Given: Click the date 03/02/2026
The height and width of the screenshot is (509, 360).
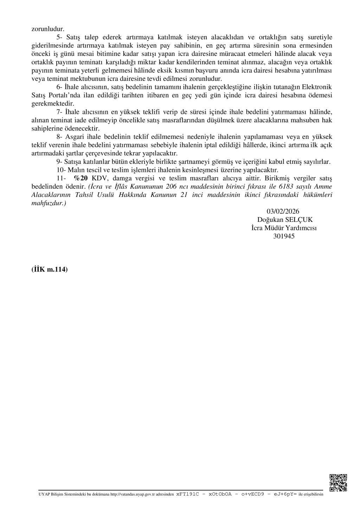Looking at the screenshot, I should point(283,211).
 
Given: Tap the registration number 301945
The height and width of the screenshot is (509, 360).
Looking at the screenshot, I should point(284,237).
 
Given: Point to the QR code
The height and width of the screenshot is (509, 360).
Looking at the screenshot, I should point(338,483).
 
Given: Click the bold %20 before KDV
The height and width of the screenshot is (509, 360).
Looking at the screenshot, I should point(81,178).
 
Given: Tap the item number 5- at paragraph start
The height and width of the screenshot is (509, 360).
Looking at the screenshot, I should point(60,37).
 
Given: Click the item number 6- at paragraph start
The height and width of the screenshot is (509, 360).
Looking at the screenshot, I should point(60,87).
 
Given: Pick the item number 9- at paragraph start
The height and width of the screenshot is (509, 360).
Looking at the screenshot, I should point(60,162).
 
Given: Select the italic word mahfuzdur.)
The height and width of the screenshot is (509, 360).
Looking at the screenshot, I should point(49,203).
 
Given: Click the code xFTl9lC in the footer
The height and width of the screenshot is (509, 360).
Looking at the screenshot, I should point(188,494).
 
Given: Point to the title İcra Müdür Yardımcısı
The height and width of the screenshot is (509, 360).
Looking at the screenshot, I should point(284,228).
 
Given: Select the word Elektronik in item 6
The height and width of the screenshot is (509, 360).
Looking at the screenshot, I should point(317,87).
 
